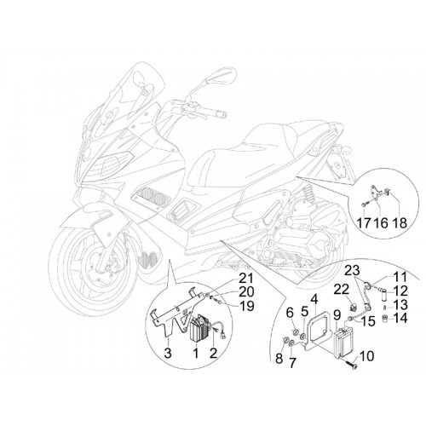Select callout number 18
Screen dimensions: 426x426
coord(400,222)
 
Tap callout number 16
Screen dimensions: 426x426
coord(380,222)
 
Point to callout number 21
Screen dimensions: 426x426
coord(245,279)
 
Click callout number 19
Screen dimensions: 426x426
coord(246,306)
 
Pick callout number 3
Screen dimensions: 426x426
coord(168,353)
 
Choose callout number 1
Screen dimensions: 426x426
coord(196,353)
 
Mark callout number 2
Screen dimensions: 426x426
coord(213,353)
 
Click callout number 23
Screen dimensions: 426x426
coord(352,271)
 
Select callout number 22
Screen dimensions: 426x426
coord(341,290)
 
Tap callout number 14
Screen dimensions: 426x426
coord(400,318)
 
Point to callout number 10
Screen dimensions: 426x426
coord(366,356)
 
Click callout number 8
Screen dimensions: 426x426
coord(279,359)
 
